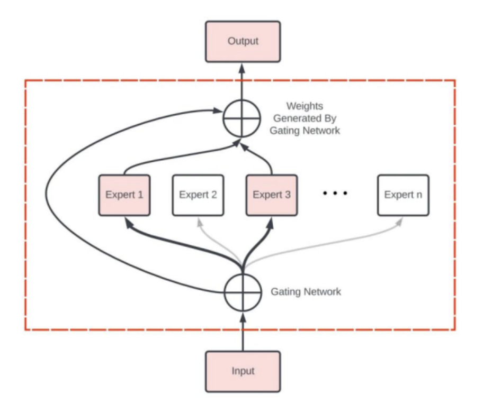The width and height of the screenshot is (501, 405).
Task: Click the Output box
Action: pyautogui.click(x=243, y=41)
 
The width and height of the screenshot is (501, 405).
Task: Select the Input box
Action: pyautogui.click(x=243, y=371)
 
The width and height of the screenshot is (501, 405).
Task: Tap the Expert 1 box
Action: pyautogui.click(x=124, y=195)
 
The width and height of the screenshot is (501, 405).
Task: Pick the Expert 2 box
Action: pyautogui.click(x=198, y=195)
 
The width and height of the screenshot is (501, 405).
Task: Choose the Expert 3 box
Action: pyautogui.click(x=272, y=195)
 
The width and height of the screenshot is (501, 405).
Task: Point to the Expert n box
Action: pyautogui.click(x=403, y=195)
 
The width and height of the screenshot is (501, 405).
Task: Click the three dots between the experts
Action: pyautogui.click(x=335, y=194)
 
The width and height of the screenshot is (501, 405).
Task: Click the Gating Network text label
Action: pyautogui.click(x=306, y=291)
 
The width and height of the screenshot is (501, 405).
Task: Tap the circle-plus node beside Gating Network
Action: pyautogui.click(x=243, y=292)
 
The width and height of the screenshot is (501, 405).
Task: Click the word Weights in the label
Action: pyautogui.click(x=305, y=106)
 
